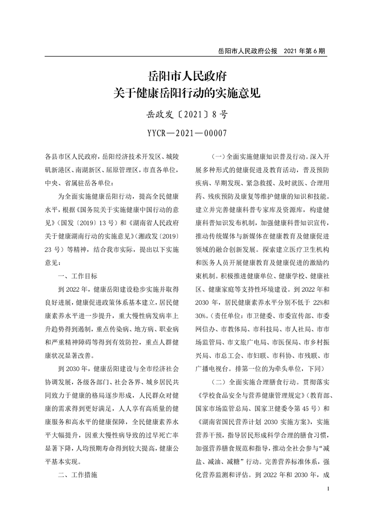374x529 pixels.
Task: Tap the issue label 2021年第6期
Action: coord(305,50)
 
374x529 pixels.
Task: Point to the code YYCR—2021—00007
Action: coord(187,133)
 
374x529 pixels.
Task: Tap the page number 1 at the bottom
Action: coord(327,503)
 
